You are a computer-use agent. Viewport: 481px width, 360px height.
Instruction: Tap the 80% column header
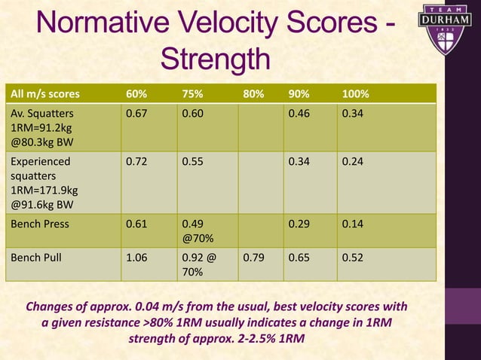coord(253,95)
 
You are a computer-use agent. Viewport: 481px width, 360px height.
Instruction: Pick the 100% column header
coord(355,95)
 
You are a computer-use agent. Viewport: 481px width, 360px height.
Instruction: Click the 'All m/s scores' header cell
coord(44,95)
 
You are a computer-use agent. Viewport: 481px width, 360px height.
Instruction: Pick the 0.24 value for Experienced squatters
coord(352,160)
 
